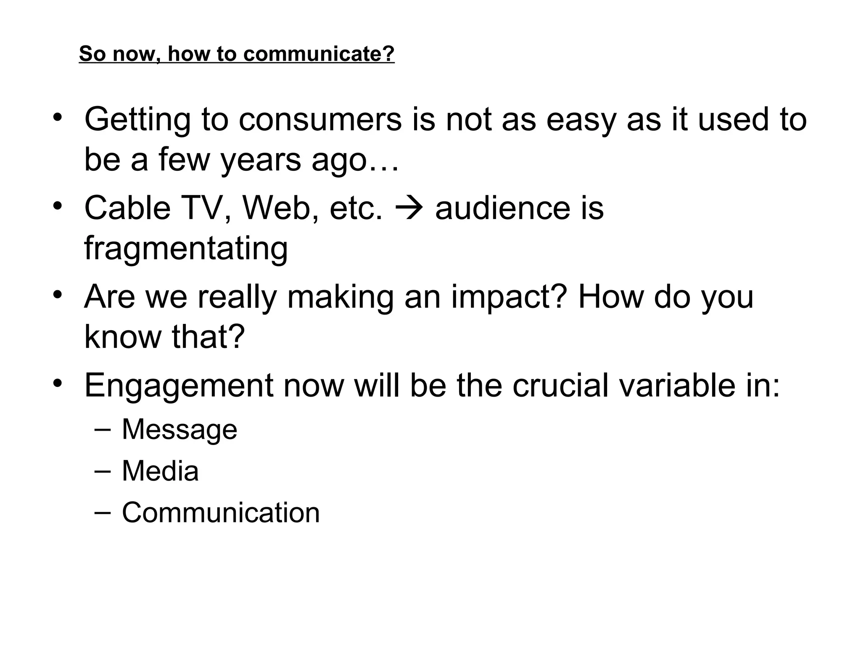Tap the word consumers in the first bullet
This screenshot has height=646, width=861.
320,119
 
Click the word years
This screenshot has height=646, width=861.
261,160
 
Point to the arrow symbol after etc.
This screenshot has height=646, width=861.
409,208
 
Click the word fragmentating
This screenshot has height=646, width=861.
186,248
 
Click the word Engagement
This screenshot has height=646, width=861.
179,385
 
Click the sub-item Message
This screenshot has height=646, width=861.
180,429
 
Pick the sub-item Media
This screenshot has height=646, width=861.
160,471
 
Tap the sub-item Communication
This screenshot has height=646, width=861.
221,513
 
